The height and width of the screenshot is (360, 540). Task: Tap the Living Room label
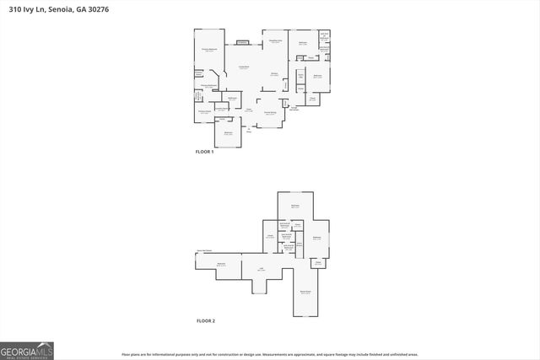pyautogui.click(x=243, y=67)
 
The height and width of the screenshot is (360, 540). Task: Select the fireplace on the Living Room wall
pyautogui.click(x=243, y=41)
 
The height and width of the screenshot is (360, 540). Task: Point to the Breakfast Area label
pyautogui.click(x=275, y=42)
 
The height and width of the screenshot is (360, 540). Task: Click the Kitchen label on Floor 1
pyautogui.click(x=274, y=74)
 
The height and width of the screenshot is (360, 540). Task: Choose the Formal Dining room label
pyautogui.click(x=270, y=113)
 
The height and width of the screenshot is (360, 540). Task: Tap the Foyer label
pyautogui.click(x=249, y=110)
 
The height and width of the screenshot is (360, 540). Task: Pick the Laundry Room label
pyautogui.click(x=222, y=108)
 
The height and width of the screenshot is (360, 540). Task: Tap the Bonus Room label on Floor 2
pyautogui.click(x=305, y=293)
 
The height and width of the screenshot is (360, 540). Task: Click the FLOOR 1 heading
pyautogui.click(x=205, y=152)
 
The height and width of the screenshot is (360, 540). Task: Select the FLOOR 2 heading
pyautogui.click(x=206, y=321)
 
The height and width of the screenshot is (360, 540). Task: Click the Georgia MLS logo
pyautogui.click(x=27, y=350)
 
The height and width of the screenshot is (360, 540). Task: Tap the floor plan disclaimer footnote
pyautogui.click(x=270, y=355)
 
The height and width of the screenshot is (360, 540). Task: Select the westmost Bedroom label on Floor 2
pyautogui.click(x=222, y=265)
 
